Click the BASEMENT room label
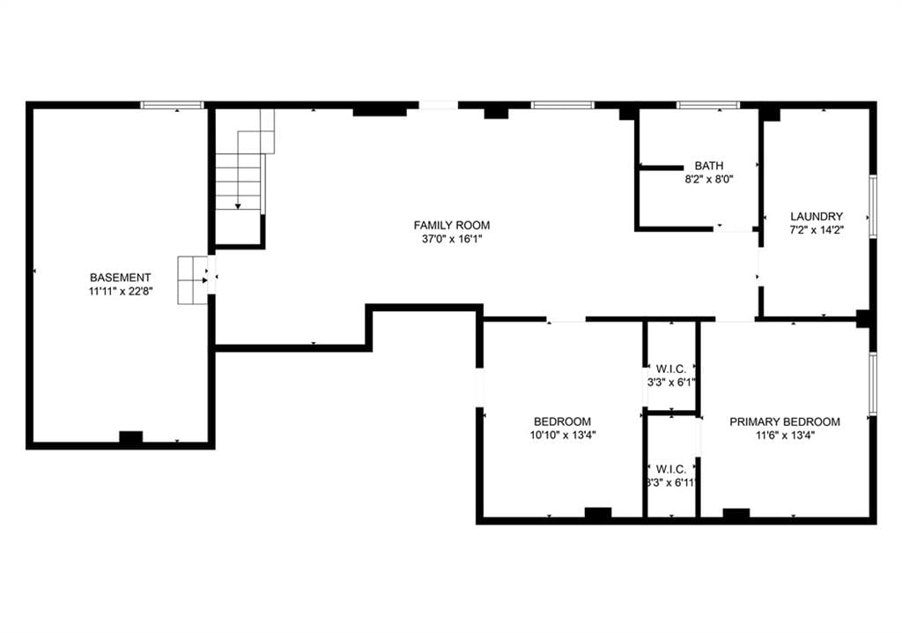click(x=120, y=278)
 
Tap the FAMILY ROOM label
click(x=452, y=225)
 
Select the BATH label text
click(x=709, y=166)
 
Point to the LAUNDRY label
click(x=817, y=217)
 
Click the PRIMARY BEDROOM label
click(x=785, y=421)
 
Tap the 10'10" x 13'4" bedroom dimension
click(x=563, y=436)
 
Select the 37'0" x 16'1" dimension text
click(x=452, y=239)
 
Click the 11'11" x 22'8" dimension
click(x=120, y=292)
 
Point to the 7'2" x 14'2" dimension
click(x=817, y=230)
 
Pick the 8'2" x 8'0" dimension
click(x=709, y=180)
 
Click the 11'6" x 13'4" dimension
click(x=785, y=436)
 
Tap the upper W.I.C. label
click(x=670, y=369)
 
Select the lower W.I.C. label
click(x=670, y=469)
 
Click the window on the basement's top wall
click(x=172, y=105)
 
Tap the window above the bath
click(x=708, y=105)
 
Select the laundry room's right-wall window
click(x=873, y=206)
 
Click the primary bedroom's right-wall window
click(x=873, y=384)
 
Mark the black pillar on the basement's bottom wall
click(x=130, y=437)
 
